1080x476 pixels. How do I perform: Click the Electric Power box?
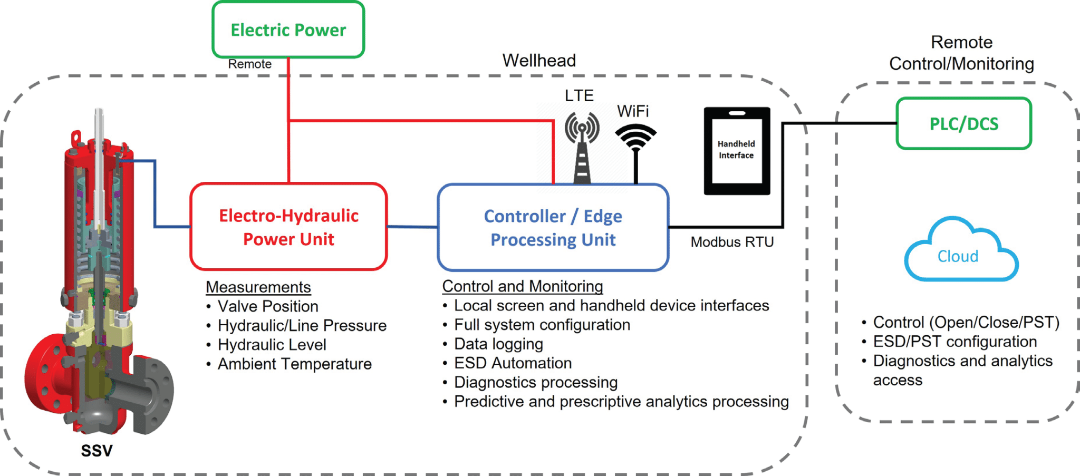288,30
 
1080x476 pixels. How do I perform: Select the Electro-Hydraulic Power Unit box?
288,227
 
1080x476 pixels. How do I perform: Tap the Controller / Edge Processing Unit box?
553,228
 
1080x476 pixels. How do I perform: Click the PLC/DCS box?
963,124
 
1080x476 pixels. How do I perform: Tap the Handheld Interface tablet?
737,151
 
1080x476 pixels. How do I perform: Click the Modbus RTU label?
732,242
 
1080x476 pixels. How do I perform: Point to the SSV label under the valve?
97,451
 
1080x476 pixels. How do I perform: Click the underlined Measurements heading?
258,287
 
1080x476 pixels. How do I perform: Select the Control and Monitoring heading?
522,286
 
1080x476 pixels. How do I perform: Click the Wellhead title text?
538,61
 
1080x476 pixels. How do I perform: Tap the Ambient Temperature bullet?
294,364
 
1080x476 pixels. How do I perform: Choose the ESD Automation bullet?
513,363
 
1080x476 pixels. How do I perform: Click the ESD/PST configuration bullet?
954,342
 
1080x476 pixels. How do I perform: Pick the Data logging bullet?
498,344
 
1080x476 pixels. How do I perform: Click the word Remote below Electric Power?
249,64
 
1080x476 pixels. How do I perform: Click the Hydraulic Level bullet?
272,345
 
